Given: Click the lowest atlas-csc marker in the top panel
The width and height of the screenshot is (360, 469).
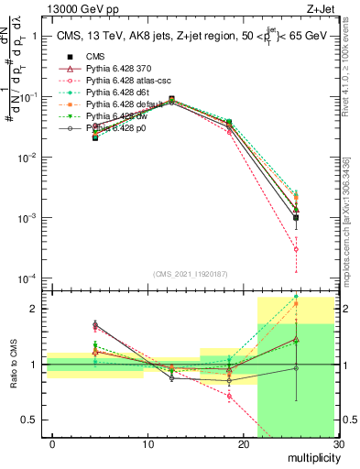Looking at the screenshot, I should (x=296, y=249).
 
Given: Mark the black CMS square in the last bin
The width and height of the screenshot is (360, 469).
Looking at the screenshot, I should (x=296, y=217).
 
